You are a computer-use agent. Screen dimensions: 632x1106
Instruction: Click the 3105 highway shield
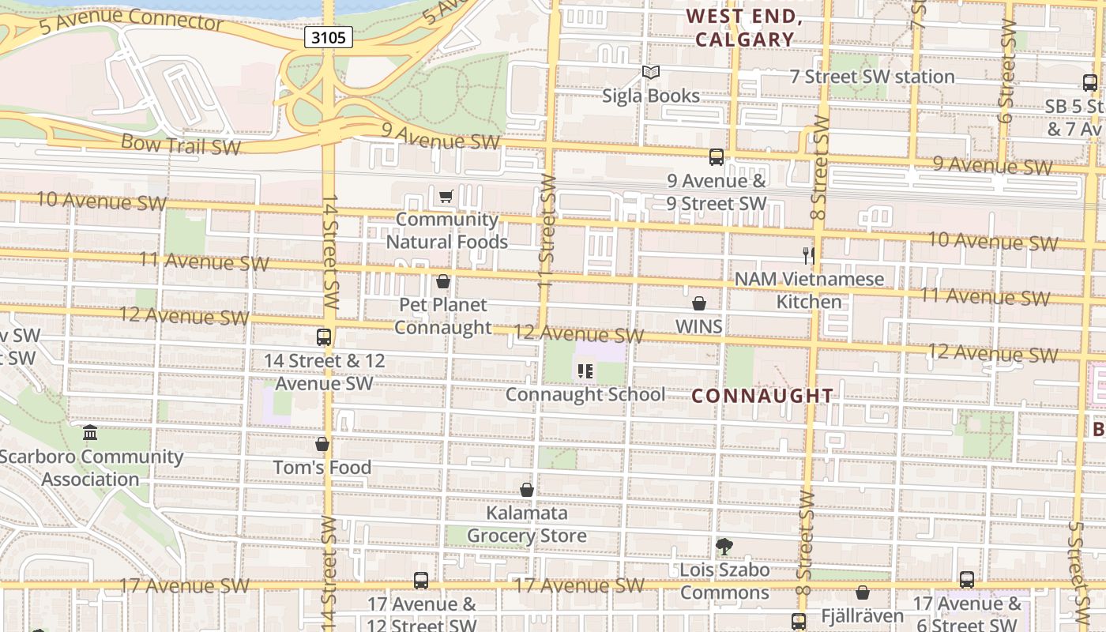tap(327, 38)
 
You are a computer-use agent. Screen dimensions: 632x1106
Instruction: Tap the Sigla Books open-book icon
tap(650, 73)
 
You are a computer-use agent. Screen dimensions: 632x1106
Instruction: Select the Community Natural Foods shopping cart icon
tap(446, 196)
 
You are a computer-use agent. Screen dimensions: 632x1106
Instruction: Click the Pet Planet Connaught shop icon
tap(443, 281)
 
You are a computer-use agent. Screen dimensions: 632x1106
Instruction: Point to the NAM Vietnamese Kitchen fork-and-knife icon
tap(808, 255)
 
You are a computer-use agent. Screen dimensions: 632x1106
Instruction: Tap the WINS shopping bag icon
tap(698, 303)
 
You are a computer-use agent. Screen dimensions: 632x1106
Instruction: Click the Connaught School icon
tap(585, 371)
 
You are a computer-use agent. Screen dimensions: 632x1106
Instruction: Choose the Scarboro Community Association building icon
tap(90, 433)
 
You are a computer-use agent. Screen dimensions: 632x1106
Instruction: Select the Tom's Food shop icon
tap(322, 444)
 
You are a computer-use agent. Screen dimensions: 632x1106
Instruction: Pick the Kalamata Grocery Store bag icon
tap(527, 490)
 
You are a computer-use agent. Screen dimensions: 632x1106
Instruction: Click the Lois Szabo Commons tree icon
tap(724, 546)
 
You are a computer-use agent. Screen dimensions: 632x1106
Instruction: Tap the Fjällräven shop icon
tap(863, 592)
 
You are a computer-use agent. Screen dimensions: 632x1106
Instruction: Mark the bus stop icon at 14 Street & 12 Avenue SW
tap(324, 337)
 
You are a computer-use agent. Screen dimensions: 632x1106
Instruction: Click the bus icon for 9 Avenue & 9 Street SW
tap(717, 157)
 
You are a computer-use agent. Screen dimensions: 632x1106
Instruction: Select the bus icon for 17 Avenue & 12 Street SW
tap(421, 581)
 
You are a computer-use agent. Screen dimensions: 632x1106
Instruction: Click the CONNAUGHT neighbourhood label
tap(762, 396)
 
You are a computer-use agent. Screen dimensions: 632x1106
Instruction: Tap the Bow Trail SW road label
tap(181, 145)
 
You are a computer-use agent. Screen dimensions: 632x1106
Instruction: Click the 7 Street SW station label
tap(873, 77)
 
